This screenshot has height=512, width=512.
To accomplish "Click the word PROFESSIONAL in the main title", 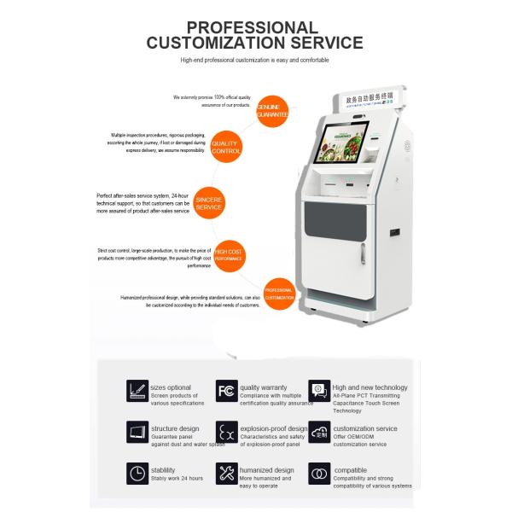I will click(x=253, y=27).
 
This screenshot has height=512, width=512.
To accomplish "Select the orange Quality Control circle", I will click(x=224, y=148).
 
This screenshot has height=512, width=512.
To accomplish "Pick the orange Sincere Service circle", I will click(x=209, y=201).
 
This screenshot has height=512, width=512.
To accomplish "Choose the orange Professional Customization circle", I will click(x=279, y=293).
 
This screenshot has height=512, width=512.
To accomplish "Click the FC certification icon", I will click(x=225, y=391).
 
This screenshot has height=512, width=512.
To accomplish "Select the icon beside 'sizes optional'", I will click(x=137, y=391).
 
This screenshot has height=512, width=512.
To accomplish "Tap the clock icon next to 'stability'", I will click(x=137, y=474).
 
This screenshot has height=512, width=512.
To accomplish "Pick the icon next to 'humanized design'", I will click(x=225, y=474).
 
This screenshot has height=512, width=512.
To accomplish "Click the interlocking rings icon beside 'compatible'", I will click(x=319, y=474).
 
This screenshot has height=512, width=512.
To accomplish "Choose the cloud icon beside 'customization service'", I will click(x=319, y=432).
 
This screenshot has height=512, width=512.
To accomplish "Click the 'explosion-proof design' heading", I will click(x=274, y=428).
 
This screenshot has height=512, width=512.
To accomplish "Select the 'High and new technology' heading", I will click(x=370, y=387).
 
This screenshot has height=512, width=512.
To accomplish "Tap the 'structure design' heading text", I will click(x=175, y=428).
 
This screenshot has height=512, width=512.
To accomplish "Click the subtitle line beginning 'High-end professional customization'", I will click(x=254, y=60).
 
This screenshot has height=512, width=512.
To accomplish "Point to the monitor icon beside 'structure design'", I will click(x=137, y=432).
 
